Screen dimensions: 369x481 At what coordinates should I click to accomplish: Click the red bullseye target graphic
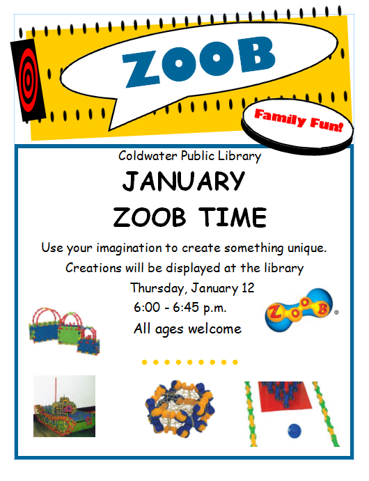click(28, 80)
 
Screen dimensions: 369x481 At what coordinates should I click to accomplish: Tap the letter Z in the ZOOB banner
click(142, 70)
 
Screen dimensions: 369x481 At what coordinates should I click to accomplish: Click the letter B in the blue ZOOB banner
click(256, 54)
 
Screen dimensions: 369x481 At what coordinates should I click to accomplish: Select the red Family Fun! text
click(299, 120)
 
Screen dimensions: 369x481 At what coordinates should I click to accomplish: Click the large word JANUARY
click(183, 181)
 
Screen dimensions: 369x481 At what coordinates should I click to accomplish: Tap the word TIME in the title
click(233, 217)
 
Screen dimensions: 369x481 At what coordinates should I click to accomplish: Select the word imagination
click(129, 249)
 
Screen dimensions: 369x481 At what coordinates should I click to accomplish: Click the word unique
click(307, 249)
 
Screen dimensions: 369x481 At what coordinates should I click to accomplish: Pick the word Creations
click(93, 268)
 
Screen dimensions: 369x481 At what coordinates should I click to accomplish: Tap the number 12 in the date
click(248, 288)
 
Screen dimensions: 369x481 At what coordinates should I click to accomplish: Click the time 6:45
click(186, 308)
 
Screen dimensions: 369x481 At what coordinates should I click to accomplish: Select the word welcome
click(214, 329)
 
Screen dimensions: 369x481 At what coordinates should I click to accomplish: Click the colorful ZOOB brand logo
click(300, 310)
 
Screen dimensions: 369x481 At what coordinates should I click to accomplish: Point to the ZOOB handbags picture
click(65, 331)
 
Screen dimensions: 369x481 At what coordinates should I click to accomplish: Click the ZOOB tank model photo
click(65, 406)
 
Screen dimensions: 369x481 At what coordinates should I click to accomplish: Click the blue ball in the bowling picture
click(295, 430)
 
